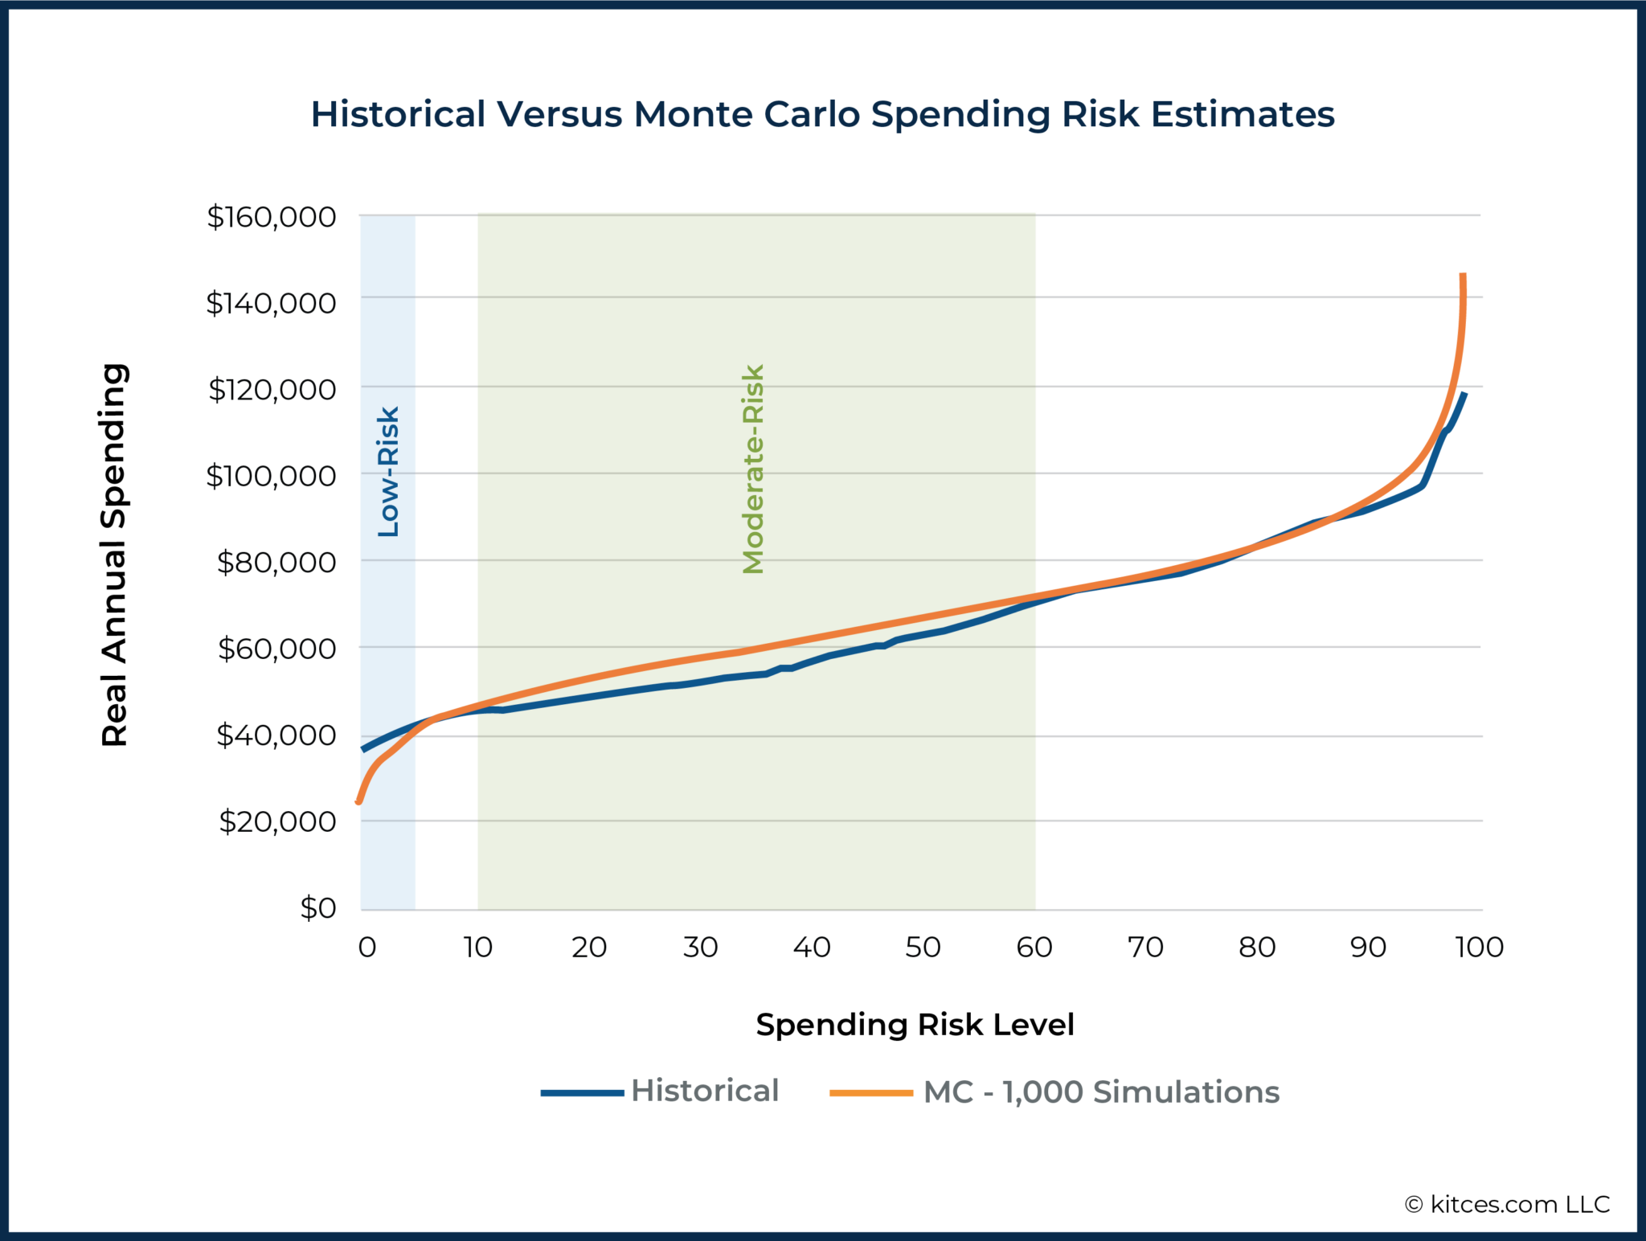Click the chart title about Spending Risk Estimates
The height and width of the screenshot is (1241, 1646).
coord(822,114)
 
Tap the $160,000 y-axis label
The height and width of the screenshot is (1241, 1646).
coord(271,217)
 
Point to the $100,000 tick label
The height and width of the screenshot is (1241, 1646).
coord(271,476)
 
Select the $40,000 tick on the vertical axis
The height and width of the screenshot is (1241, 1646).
coord(276,735)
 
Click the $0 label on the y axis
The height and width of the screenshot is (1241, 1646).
coord(317,908)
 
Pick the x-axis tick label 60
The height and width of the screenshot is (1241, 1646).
coord(1034,948)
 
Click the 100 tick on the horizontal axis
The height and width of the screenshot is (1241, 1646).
coord(1479,948)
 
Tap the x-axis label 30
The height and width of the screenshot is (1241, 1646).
coord(700,948)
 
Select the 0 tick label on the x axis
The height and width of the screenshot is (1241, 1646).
coord(366,948)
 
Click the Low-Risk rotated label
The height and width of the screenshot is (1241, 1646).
coord(388,472)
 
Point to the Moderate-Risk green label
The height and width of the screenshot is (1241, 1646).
coord(753,469)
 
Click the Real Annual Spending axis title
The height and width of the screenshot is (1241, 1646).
coord(114,555)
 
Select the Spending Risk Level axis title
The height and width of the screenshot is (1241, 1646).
coord(915,1025)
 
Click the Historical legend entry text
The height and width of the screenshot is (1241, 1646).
coord(705,1091)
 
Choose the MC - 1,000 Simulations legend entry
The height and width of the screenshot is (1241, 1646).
coord(1101,1092)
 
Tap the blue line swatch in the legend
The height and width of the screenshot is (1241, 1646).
coord(582,1093)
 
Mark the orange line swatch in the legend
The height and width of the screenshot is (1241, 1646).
coord(871,1093)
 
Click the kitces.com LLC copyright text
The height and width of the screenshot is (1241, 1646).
coord(1507,1204)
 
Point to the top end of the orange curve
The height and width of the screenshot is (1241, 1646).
coord(1463,276)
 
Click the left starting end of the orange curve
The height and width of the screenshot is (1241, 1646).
coord(358,801)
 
